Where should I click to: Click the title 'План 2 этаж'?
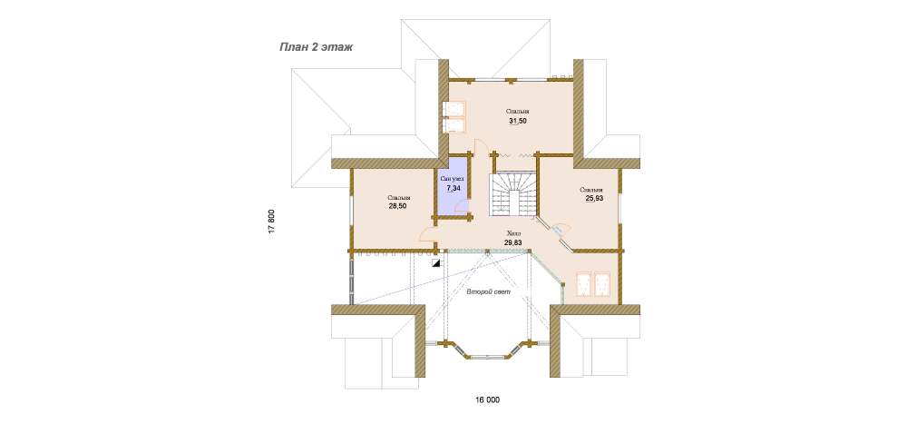(316, 47)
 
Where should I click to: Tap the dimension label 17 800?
(271, 221)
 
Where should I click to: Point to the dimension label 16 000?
(487, 400)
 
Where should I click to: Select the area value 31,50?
(518, 121)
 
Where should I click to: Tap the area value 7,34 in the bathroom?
(453, 188)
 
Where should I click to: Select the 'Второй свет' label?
(489, 292)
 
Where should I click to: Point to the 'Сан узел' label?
(453, 179)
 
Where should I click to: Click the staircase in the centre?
(515, 195)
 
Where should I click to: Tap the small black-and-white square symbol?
(435, 263)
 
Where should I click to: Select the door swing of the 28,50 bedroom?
(426, 232)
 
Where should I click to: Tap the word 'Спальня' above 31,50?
(518, 111)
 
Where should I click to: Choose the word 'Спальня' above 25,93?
(591, 190)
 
